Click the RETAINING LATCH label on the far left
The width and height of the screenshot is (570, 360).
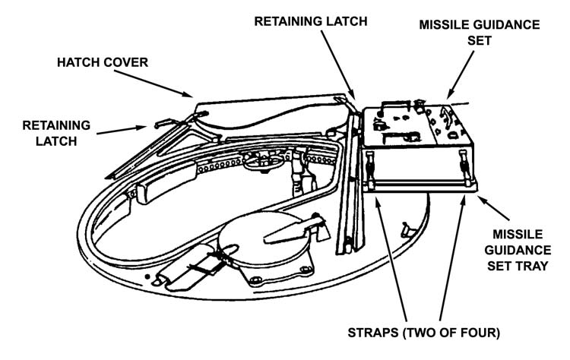pos(57,132)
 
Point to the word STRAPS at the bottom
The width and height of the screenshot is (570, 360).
pos(363,332)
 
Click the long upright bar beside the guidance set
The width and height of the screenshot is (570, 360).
pos(350,190)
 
